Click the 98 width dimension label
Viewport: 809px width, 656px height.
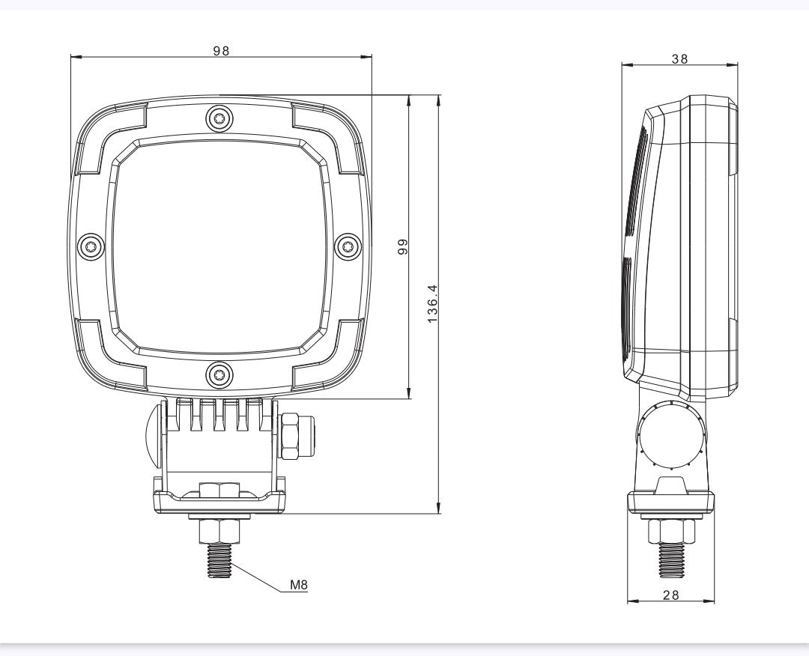pos(220,50)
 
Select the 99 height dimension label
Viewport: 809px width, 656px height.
pos(402,247)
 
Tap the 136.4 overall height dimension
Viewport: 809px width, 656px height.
pos(433,304)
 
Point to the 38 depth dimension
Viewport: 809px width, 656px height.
pos(679,59)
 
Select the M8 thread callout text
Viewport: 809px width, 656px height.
pos(299,585)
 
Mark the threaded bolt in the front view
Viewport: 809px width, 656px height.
pos(219,560)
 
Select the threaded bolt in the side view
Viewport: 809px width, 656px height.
pos(671,560)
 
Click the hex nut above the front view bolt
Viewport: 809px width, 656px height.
pos(219,531)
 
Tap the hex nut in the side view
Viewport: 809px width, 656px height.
pos(671,531)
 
